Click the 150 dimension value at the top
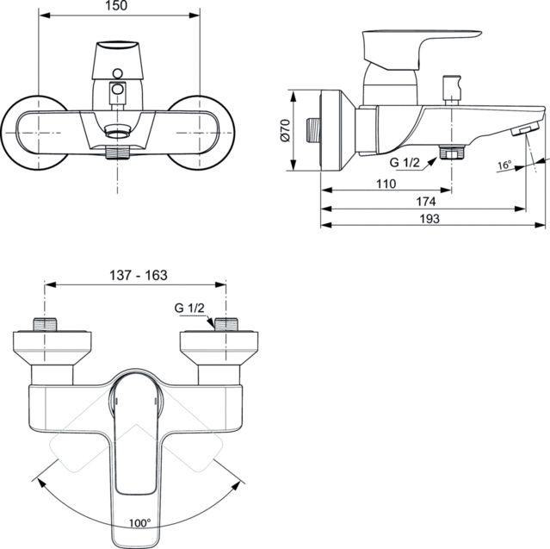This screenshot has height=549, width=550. click(x=121, y=7)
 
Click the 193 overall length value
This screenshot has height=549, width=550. click(x=429, y=219)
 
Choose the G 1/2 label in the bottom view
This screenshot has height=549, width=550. click(x=190, y=309)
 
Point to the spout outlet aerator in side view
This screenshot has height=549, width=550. click(x=522, y=130)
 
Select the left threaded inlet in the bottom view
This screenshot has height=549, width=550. click(x=45, y=326)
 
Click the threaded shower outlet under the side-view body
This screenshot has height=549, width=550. click(x=448, y=153)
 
